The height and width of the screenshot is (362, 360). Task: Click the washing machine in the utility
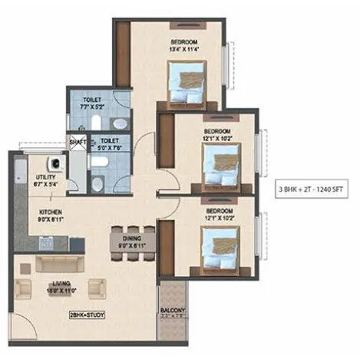tap(55, 163)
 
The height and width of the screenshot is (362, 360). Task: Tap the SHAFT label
tap(78, 142)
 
